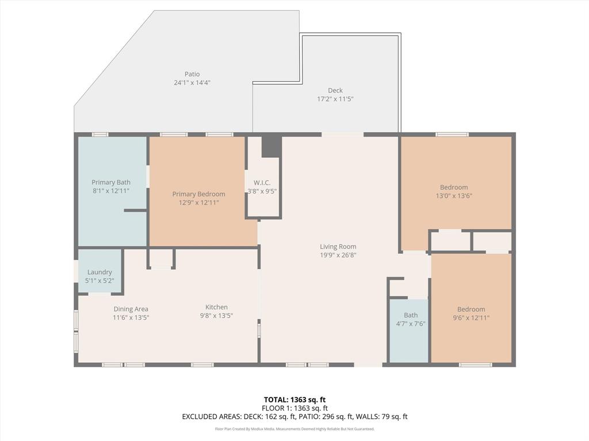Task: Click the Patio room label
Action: (x=192, y=74)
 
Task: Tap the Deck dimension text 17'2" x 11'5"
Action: (x=335, y=99)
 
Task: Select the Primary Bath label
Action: (x=111, y=182)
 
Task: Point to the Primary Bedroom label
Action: (x=198, y=194)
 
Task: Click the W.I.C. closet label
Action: (x=262, y=183)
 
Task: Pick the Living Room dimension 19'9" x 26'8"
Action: (x=338, y=255)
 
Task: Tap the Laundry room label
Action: (x=100, y=272)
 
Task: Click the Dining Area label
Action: (x=131, y=309)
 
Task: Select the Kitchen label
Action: (x=217, y=307)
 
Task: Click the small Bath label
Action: (x=411, y=315)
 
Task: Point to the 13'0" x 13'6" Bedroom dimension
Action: (x=454, y=196)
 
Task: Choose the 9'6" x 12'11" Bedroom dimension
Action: (x=471, y=318)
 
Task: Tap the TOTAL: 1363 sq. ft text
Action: (x=294, y=400)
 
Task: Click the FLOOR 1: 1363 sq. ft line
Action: (x=294, y=408)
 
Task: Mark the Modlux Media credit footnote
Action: (x=294, y=429)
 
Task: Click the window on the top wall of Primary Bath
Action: (x=100, y=134)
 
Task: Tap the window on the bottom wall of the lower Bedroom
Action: (x=475, y=365)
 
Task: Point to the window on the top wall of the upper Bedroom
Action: (x=452, y=134)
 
